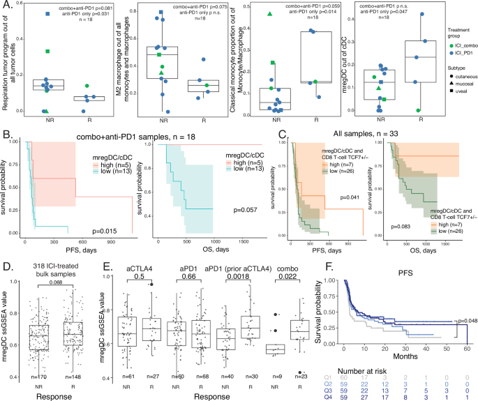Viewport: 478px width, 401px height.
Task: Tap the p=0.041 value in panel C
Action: (x=350, y=196)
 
